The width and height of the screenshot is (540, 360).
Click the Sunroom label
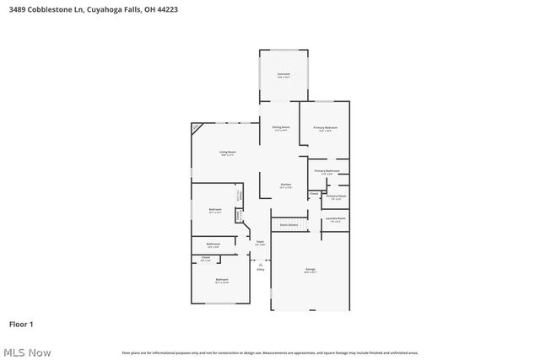(x=283, y=74)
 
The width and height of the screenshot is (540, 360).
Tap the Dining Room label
(x=280, y=127)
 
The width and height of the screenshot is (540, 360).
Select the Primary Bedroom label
(x=326, y=127)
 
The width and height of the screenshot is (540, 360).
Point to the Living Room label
(x=228, y=153)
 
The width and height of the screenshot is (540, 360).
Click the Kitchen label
(x=286, y=185)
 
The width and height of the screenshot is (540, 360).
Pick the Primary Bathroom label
(x=327, y=171)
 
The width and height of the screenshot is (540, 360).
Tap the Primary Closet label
(x=337, y=196)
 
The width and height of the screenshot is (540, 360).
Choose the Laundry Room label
(x=336, y=218)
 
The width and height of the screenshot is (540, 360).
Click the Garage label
(x=310, y=270)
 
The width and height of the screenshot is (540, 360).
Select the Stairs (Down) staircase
(x=289, y=225)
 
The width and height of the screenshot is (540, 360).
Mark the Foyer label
(x=260, y=242)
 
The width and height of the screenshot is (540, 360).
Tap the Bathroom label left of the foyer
(x=213, y=244)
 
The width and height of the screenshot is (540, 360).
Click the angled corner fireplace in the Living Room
(x=197, y=128)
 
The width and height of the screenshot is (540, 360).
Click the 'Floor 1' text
(x=21, y=324)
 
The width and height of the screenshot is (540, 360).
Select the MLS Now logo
(x=26, y=352)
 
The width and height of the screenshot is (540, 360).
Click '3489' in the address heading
(x=18, y=9)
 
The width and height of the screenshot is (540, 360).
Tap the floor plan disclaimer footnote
(x=269, y=352)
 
